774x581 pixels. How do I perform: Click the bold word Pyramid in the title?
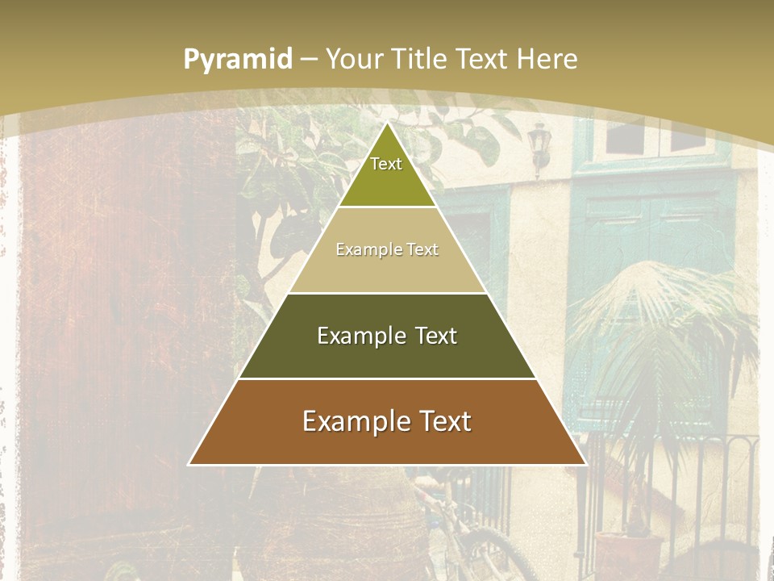(237, 59)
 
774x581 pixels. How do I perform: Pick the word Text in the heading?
(483, 59)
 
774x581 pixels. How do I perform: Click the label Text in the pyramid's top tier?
(386, 164)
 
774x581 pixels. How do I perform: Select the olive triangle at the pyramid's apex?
(387, 186)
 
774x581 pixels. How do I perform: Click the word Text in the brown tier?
(443, 421)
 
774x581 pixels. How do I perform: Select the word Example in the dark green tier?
(359, 336)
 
